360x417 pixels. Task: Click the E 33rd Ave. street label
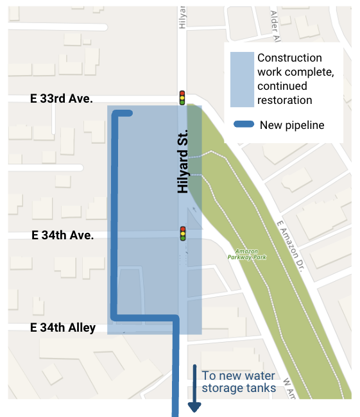click(62, 99)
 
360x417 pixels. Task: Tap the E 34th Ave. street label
click(62, 235)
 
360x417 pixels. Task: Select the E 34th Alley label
click(63, 328)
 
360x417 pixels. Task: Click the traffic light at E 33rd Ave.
click(182, 98)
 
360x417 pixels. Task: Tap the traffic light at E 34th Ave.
click(183, 233)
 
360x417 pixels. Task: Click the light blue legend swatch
click(241, 79)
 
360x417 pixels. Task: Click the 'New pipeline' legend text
click(292, 125)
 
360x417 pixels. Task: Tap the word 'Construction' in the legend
click(289, 58)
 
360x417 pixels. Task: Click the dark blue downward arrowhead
click(194, 407)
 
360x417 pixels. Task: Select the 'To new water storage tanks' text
click(239, 382)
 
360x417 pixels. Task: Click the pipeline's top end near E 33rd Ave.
click(128, 114)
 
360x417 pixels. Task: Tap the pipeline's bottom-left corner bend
click(116, 316)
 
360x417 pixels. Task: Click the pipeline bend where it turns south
click(174, 318)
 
